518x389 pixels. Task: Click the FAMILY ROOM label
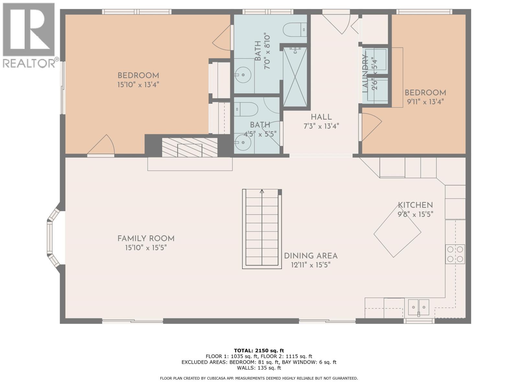(x=146, y=239)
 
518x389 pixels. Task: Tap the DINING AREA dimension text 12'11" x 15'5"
(x=310, y=265)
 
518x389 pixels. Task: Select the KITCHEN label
(x=415, y=205)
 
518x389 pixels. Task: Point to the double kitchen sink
(x=418, y=307)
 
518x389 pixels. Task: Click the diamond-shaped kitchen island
(x=397, y=233)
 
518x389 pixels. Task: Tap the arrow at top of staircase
(x=262, y=192)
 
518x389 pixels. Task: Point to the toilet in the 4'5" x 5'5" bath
(x=246, y=109)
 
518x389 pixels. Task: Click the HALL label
(x=321, y=117)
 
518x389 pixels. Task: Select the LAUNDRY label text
(x=366, y=74)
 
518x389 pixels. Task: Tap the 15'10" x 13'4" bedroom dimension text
(x=138, y=85)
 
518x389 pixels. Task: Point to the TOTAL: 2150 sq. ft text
(x=259, y=350)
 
